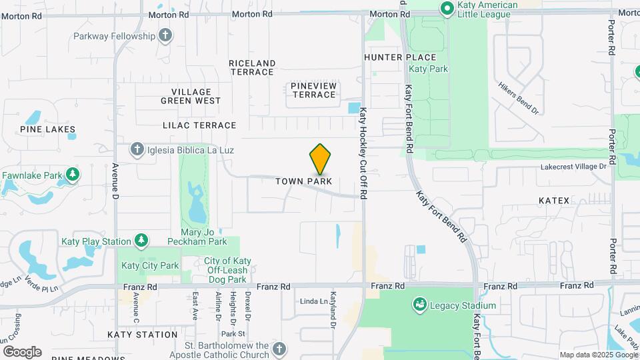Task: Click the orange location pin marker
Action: (x=321, y=159)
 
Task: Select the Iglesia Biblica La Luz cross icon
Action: (x=137, y=149)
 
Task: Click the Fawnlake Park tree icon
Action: (x=72, y=175)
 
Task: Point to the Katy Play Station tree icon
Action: (x=141, y=241)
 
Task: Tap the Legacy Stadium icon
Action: (x=419, y=305)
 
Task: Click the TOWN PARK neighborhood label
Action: (x=304, y=181)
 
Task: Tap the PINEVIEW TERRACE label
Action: (x=313, y=91)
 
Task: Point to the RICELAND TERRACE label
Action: (x=251, y=67)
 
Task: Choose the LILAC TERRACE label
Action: (x=199, y=125)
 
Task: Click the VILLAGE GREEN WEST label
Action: (x=191, y=97)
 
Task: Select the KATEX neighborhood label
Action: (x=554, y=200)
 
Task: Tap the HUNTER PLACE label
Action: (x=399, y=58)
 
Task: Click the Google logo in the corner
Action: (x=22, y=351)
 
